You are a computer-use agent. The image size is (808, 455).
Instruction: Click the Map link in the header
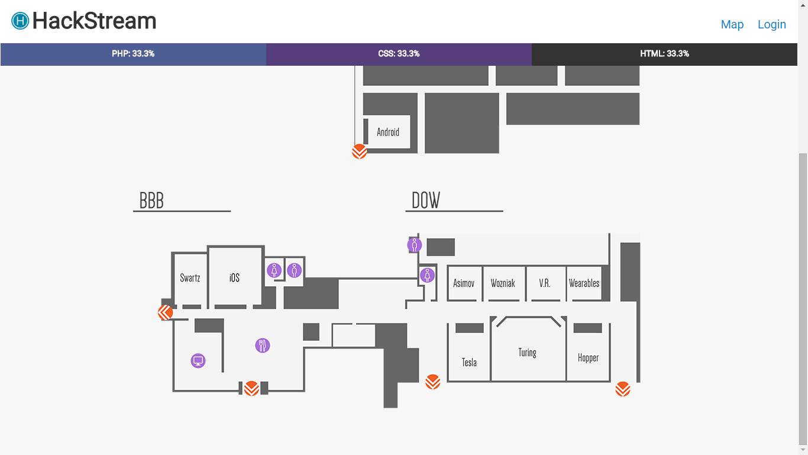[x=732, y=24]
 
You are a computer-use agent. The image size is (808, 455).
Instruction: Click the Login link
[x=771, y=24]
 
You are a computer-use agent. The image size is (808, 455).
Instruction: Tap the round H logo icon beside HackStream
[x=20, y=21]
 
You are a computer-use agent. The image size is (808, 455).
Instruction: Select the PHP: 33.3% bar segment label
[x=133, y=54]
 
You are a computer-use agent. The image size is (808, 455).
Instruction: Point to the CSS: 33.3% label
[x=399, y=54]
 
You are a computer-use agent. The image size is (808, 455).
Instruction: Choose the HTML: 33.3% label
[x=664, y=54]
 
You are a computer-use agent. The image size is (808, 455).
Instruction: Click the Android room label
[x=388, y=132]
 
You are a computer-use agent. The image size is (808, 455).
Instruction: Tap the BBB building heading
[x=151, y=201]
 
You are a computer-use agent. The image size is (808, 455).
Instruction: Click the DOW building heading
[x=426, y=201]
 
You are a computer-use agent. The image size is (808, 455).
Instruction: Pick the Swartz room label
[x=190, y=278]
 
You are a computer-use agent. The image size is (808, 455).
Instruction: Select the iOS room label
[x=234, y=278]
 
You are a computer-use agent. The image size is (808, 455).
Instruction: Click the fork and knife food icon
[x=263, y=345]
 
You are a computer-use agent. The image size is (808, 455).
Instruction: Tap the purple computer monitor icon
[x=198, y=360]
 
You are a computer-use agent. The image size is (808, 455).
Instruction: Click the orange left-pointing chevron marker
[x=165, y=312]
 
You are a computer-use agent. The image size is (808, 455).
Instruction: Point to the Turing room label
[x=527, y=353]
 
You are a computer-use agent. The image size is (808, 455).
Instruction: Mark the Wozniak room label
[x=503, y=283]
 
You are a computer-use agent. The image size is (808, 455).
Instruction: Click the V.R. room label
[x=544, y=283]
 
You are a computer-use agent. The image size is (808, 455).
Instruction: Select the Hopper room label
[x=588, y=358]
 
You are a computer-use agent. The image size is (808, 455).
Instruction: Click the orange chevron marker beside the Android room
[x=360, y=152]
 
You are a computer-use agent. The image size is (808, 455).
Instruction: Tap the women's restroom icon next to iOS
[x=274, y=270]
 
